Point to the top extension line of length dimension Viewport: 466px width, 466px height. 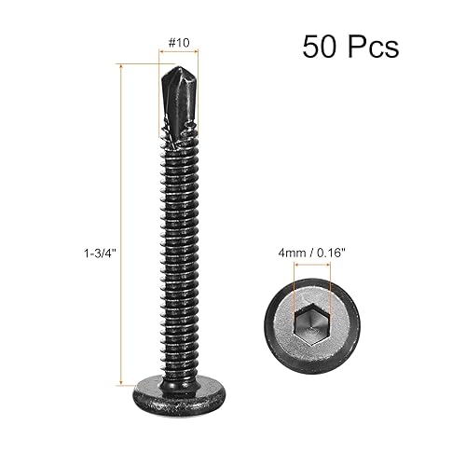point(140,64)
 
